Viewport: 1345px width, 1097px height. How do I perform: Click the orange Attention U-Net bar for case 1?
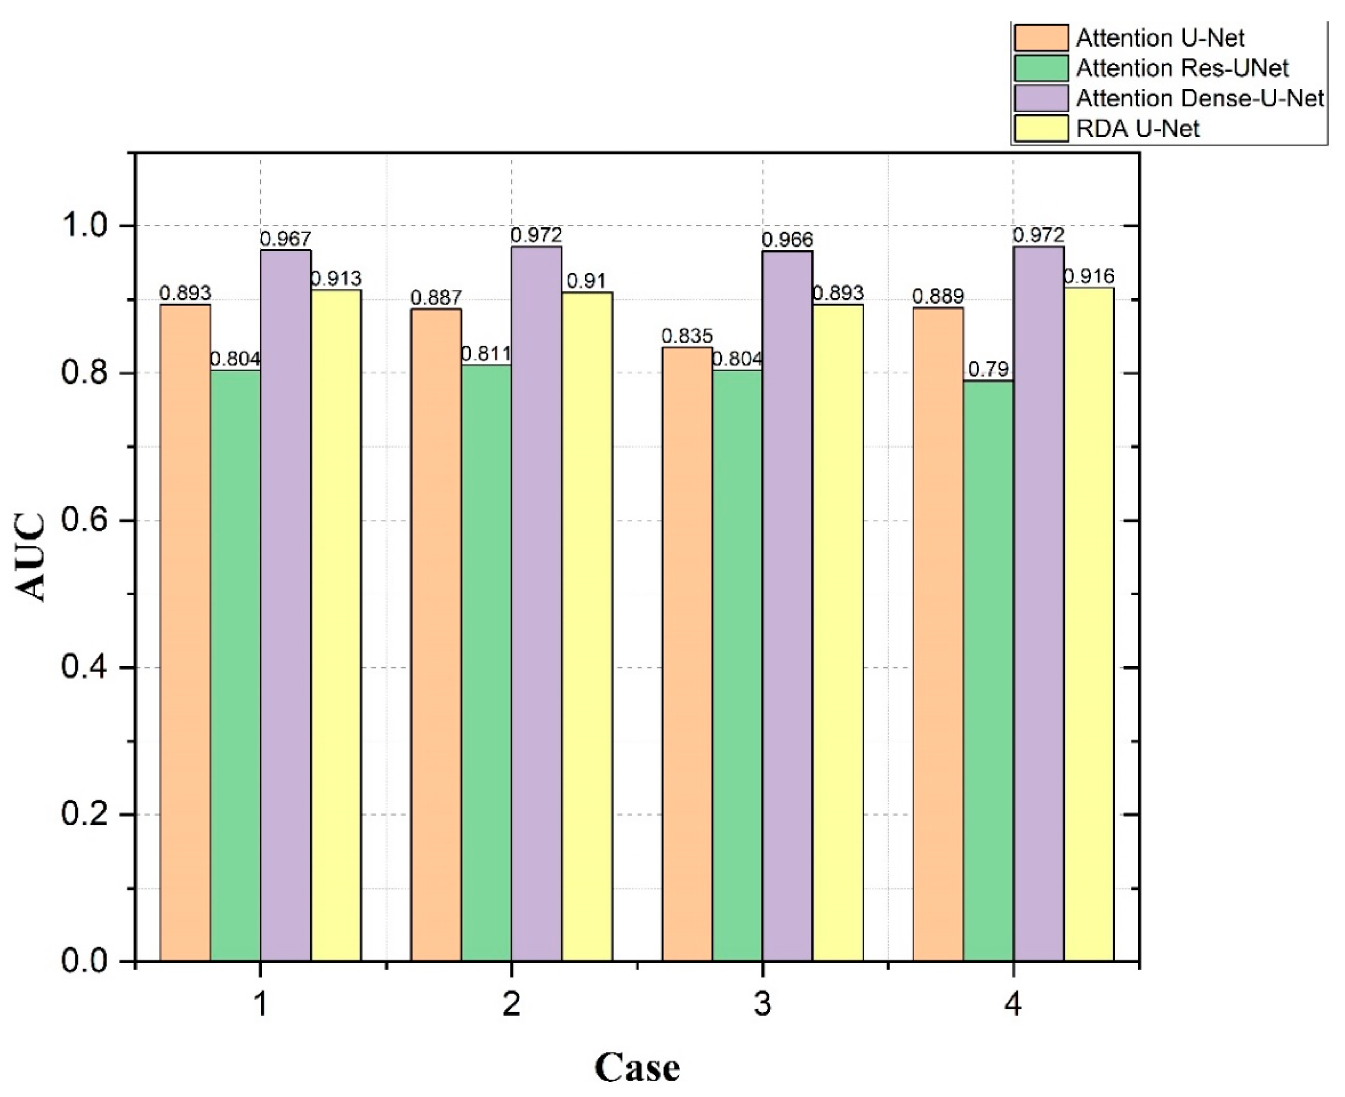point(185,632)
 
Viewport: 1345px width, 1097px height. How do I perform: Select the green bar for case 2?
point(486,664)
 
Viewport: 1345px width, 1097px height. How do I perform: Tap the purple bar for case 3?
point(787,607)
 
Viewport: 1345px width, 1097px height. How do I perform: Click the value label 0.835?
point(687,336)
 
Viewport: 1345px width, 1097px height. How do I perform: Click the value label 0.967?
point(286,239)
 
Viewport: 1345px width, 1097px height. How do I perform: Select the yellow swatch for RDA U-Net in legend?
point(1041,129)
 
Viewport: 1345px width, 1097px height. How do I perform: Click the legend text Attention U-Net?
point(1160,38)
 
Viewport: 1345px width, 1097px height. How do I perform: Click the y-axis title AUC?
point(30,556)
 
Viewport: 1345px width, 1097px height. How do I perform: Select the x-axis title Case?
point(637,1067)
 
